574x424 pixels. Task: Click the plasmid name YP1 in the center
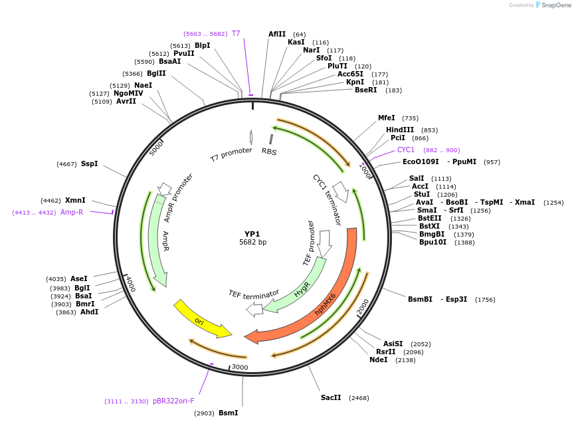tap(252, 234)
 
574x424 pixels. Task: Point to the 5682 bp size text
tap(252, 243)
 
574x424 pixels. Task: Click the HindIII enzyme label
tap(400, 130)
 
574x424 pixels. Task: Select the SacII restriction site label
tap(331, 397)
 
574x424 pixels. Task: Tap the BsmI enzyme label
tap(228, 413)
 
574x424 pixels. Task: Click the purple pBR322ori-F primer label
tap(173, 401)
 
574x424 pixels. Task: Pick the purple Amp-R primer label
tap(72, 213)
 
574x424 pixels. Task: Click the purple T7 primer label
tap(236, 33)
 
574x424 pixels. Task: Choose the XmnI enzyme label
tap(75, 200)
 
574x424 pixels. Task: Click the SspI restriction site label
tap(89, 163)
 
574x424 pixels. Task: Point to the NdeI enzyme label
tap(379, 360)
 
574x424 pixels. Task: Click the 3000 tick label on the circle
tap(240, 367)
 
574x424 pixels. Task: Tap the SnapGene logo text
tap(557, 5)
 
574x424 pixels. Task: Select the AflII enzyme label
tap(277, 34)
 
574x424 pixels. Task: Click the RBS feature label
tap(269, 152)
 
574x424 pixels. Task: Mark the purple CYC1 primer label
tap(406, 150)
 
